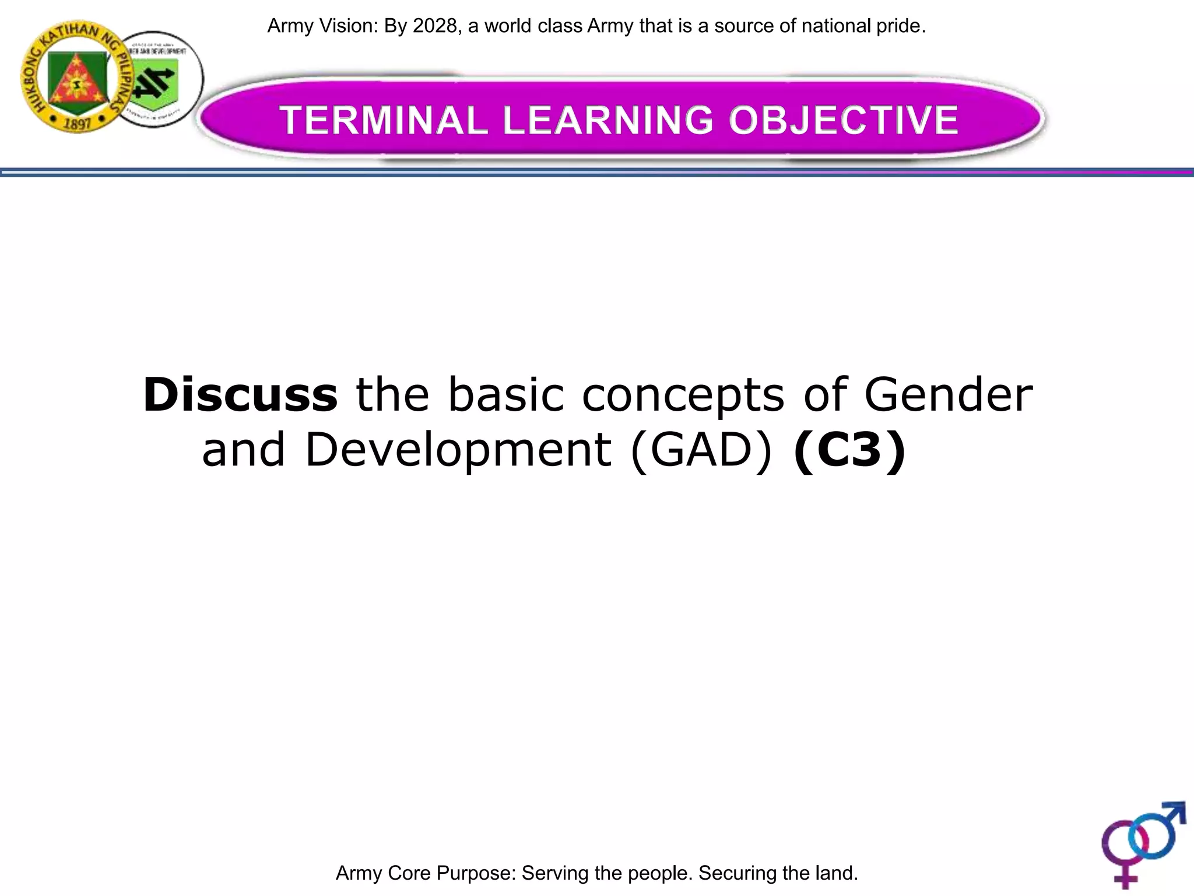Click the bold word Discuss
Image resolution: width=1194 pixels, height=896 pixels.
(x=240, y=395)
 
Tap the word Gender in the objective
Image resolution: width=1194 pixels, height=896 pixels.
(x=948, y=395)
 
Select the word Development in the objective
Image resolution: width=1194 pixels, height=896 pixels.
(x=458, y=450)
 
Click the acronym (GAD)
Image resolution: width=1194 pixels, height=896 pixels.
(x=702, y=450)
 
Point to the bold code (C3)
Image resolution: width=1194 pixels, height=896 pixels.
(x=849, y=450)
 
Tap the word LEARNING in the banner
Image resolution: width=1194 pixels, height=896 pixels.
(x=607, y=120)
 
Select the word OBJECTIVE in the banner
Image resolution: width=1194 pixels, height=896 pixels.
(x=843, y=120)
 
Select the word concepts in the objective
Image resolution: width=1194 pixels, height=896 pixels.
(x=683, y=395)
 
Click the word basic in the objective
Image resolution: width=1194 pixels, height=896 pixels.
(x=506, y=395)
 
